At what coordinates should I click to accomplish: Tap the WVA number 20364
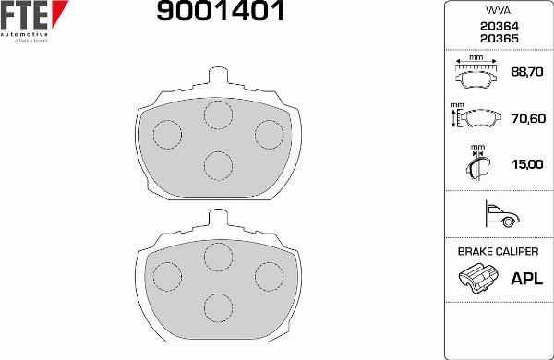coord(498,27)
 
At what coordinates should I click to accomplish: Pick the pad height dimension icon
coord(475,118)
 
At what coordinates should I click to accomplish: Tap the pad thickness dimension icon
coord(478,163)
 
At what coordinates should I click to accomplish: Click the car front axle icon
coord(499,215)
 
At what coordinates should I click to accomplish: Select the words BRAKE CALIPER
coord(498,251)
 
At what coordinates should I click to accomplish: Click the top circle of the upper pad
coord(218,114)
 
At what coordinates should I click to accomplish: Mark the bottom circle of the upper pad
coord(218,164)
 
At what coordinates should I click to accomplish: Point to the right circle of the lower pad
coord(269,275)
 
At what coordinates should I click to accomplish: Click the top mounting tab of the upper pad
coord(218,78)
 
